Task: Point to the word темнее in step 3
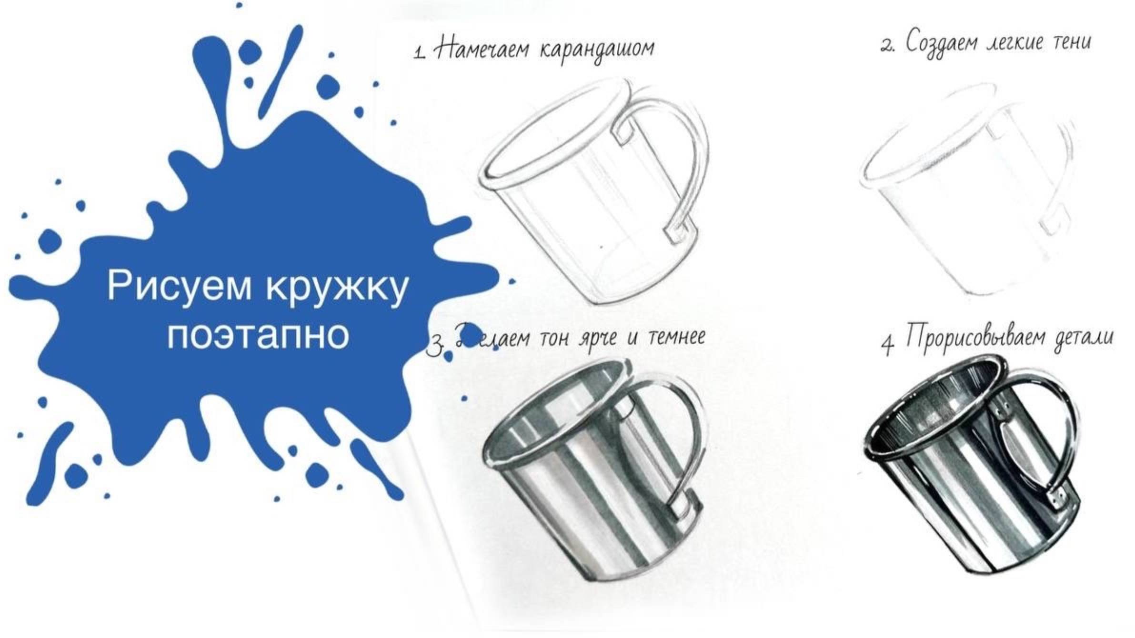point(676,337)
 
